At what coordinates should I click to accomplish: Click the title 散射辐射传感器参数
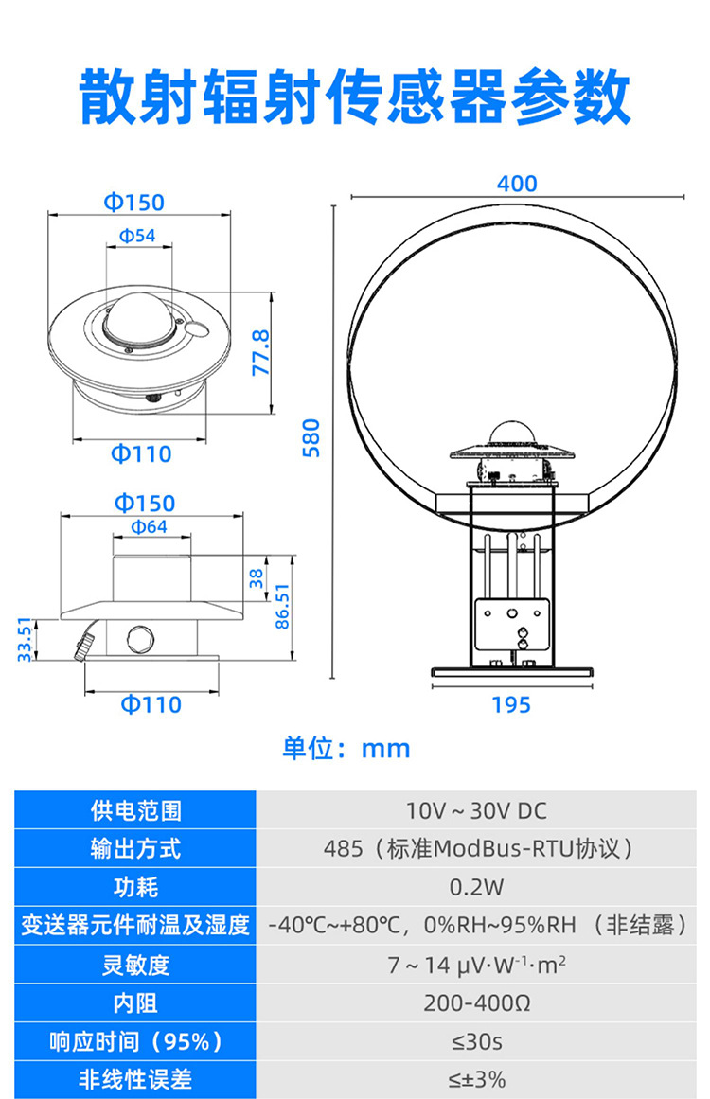355,97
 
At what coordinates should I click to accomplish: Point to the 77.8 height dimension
261,352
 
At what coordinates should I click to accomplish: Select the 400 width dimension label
517,184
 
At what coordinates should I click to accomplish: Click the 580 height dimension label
311,438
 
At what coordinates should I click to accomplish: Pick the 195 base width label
511,704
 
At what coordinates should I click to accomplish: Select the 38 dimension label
257,578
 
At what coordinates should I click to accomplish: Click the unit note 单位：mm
346,749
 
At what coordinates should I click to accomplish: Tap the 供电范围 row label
135,811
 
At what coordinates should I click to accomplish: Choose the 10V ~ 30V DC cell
476,811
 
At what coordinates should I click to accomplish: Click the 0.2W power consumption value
476,888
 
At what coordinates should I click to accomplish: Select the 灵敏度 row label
135,966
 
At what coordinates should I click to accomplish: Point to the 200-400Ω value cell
476,1003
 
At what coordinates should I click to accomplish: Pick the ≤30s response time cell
476,1042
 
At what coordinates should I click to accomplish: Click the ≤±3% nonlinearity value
476,1080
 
